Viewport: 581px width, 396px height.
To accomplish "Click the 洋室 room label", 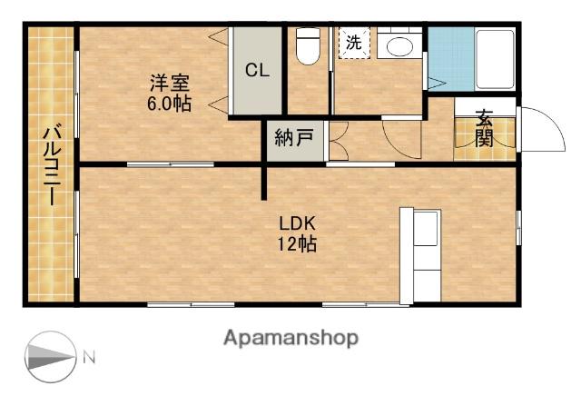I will tap(169, 83).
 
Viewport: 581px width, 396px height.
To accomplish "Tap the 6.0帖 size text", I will tap(169, 103).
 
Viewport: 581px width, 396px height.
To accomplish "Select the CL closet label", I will tap(256, 71).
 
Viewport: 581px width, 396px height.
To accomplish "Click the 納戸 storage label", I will tap(294, 139).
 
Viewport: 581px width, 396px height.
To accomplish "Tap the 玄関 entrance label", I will tap(483, 129).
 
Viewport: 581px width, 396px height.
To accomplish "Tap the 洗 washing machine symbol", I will tap(354, 42).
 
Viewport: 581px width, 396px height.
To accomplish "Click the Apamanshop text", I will tap(290, 338).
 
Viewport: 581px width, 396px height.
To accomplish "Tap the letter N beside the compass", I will tap(89, 357).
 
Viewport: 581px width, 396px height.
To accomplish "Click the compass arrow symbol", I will tap(50, 356).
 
